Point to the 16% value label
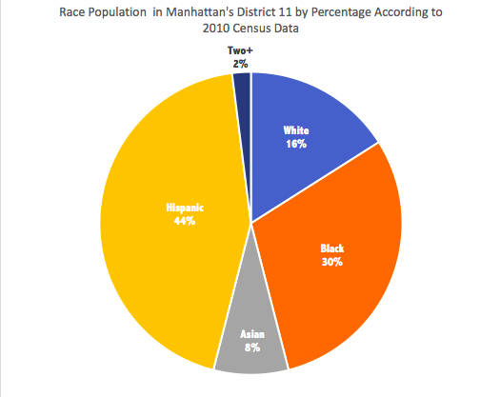tap(296, 143)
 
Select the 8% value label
tap(250, 350)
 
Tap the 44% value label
tap(184, 221)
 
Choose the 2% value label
tap(239, 63)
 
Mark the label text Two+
tap(239, 51)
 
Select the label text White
tap(296, 130)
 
